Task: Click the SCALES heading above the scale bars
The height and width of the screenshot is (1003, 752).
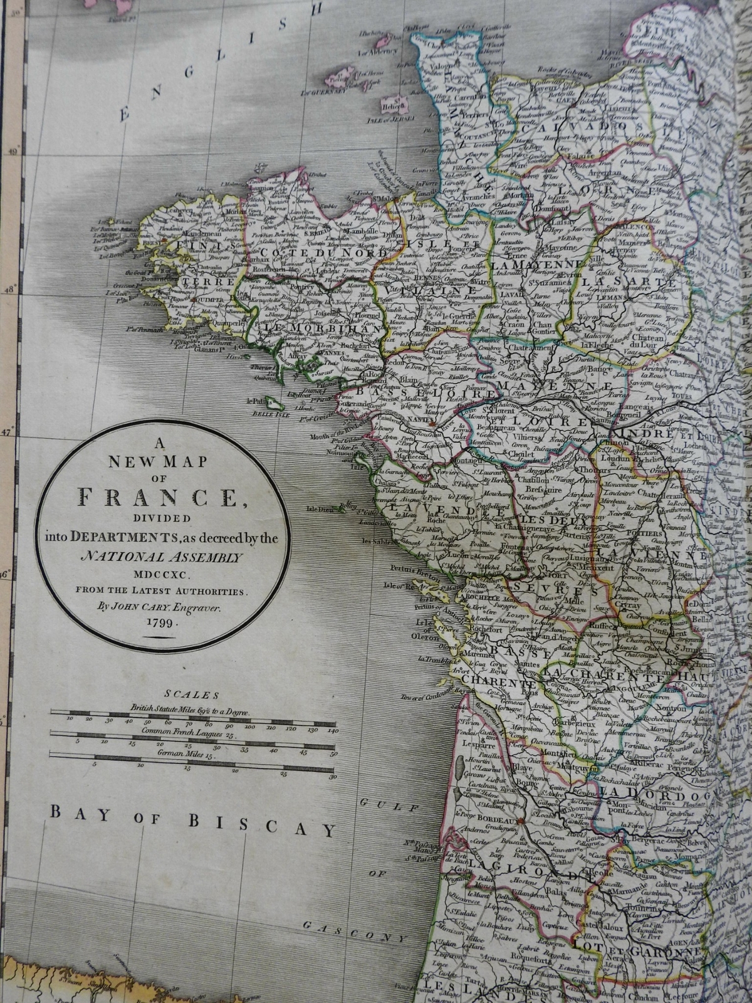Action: click(x=191, y=695)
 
